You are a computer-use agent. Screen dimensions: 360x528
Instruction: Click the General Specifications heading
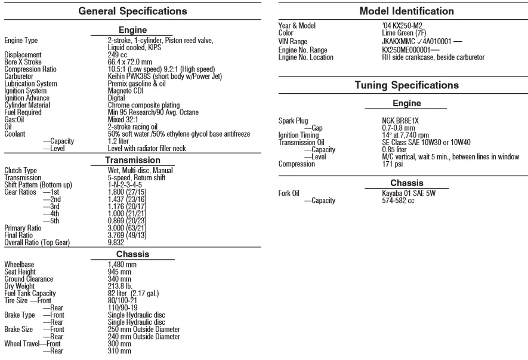132,11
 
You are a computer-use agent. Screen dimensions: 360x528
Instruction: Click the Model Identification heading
399,11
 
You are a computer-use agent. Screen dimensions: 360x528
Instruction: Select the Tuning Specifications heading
399,85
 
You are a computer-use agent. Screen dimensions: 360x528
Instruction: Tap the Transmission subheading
132,160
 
